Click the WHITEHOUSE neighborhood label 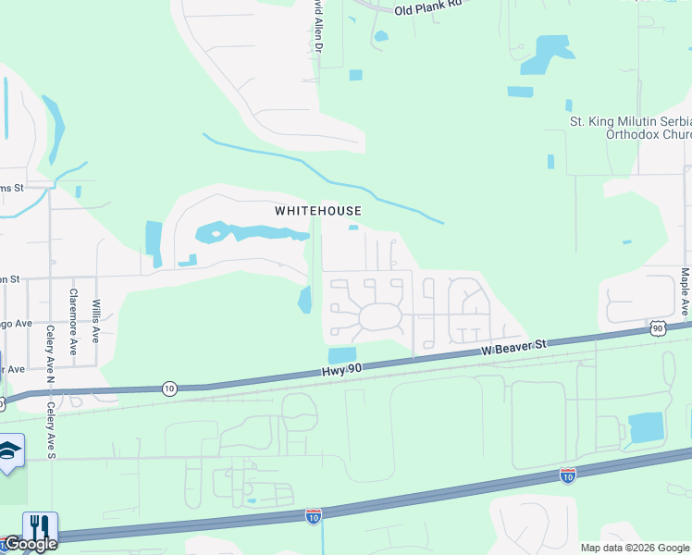[x=317, y=211]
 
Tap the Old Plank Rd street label [x=427, y=8]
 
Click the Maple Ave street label [x=685, y=290]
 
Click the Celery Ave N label [x=51, y=350]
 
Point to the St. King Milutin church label [x=628, y=127]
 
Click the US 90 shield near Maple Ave [x=657, y=328]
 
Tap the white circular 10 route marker [x=168, y=388]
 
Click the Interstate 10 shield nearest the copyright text [x=568, y=475]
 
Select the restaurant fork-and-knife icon [x=40, y=528]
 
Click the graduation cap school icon [x=9, y=450]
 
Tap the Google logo [x=30, y=544]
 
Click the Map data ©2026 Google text [x=635, y=548]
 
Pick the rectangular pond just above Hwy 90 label [x=341, y=355]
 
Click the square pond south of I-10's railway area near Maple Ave [x=646, y=427]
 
